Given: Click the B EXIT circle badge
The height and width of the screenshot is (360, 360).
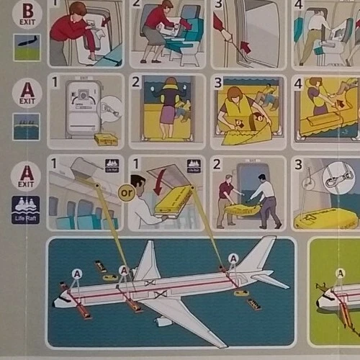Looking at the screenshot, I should tap(26, 13).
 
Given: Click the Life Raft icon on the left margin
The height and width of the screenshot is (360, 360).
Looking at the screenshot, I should tap(26, 210).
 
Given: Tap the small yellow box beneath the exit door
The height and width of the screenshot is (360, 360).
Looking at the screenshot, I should tap(106, 139).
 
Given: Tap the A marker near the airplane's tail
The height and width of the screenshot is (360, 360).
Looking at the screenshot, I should tap(233, 258).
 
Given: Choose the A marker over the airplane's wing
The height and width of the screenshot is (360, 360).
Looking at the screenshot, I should tap(124, 271).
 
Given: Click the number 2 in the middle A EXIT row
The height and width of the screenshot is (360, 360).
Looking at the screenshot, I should tap(135, 81).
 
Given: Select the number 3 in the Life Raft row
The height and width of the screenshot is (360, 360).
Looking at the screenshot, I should tap(298, 163).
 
